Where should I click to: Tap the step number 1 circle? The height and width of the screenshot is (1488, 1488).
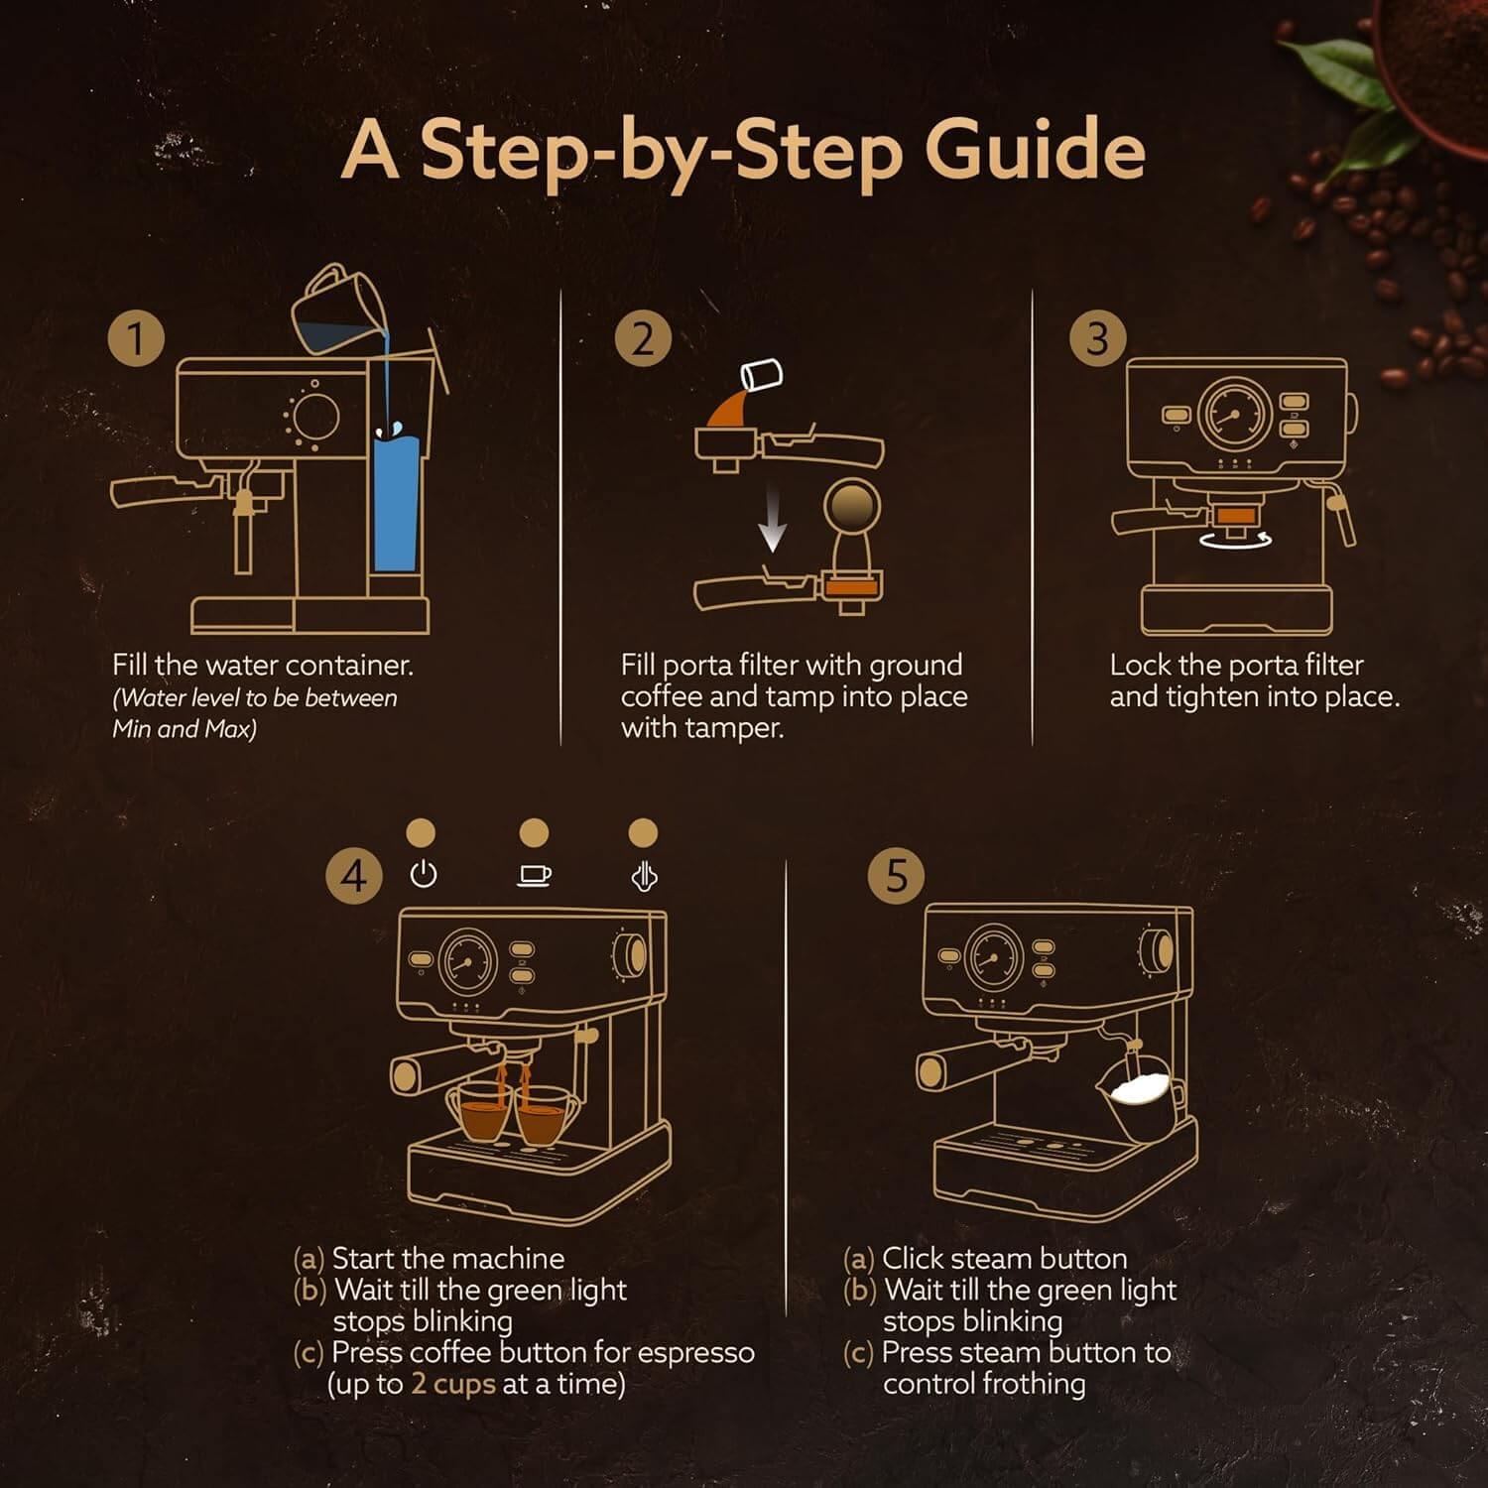(x=136, y=338)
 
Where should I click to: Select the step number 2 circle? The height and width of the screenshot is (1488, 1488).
(x=643, y=338)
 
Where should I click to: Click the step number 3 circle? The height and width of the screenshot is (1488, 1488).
(x=1097, y=338)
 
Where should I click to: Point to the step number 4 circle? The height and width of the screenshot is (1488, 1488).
(x=354, y=876)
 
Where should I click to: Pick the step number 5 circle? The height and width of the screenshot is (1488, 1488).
(x=896, y=876)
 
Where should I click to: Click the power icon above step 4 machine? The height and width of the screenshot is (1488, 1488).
(x=424, y=874)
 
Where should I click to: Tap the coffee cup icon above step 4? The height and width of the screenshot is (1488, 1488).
(x=535, y=874)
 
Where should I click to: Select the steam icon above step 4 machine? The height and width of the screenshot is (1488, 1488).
(x=644, y=876)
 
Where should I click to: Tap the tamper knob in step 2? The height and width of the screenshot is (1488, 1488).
(x=852, y=507)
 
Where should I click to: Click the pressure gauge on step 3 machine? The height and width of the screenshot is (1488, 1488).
(x=1234, y=414)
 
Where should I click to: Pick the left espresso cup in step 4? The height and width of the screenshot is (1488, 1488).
(x=481, y=1113)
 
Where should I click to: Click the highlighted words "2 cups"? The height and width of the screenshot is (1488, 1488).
(x=452, y=1384)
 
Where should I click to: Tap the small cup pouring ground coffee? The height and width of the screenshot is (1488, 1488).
(x=762, y=376)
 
